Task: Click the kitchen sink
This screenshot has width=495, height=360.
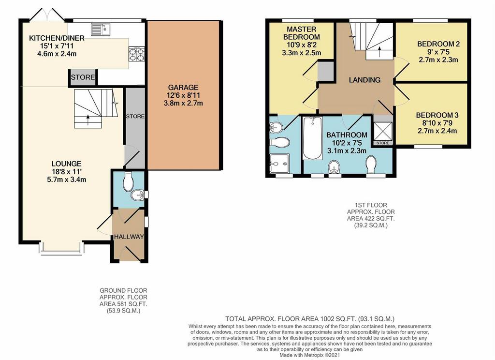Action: coord(100,30)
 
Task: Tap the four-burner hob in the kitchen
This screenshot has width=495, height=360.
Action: coord(137,54)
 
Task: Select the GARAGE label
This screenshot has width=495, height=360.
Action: coord(183,88)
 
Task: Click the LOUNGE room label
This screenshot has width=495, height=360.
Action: coord(66,164)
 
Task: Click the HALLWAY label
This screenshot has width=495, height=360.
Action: coord(129,237)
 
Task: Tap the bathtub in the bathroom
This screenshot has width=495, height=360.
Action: coord(312,138)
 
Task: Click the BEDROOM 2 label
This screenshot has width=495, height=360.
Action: coord(438,44)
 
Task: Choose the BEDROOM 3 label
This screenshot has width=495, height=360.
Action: coord(437,115)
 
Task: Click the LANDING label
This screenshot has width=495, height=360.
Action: coord(364,80)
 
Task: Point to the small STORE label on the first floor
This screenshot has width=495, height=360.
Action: coord(383,143)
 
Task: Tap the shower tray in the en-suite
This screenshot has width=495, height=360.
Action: coord(280,164)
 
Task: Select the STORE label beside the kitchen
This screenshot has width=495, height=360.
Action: coord(83,77)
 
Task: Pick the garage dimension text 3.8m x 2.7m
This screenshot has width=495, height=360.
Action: coord(183,103)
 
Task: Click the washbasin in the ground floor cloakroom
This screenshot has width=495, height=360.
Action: coord(138,195)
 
